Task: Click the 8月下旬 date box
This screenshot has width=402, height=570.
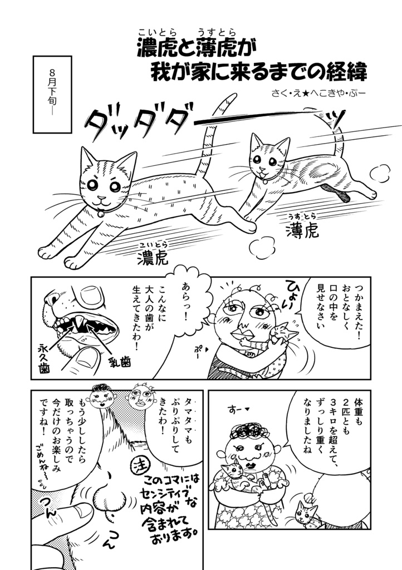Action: click(x=52, y=94)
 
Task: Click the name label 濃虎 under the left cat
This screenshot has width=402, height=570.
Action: click(x=152, y=256)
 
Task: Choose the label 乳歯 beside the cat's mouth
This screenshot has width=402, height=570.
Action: click(x=120, y=362)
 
